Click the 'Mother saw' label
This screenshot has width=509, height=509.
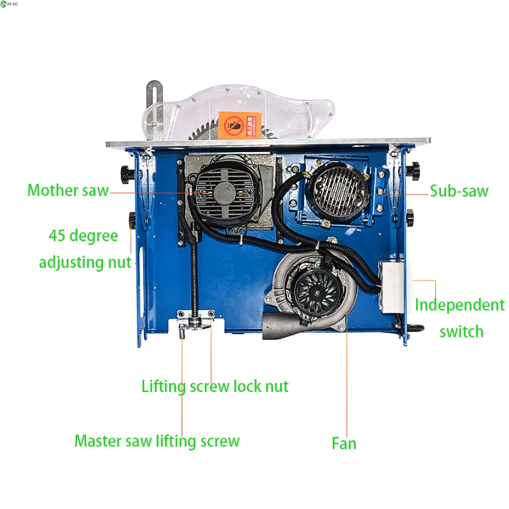pos(68,190)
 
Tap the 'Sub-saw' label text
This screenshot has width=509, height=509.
pos(459,190)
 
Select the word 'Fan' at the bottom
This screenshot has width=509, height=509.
pos(344,443)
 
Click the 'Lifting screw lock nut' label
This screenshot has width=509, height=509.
pos(215,386)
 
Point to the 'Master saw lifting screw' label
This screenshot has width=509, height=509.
pos(157,441)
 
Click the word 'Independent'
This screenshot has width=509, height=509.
pos(459,305)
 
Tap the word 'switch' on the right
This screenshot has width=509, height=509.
pos(461,331)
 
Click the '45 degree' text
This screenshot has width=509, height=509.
pos(83,235)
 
